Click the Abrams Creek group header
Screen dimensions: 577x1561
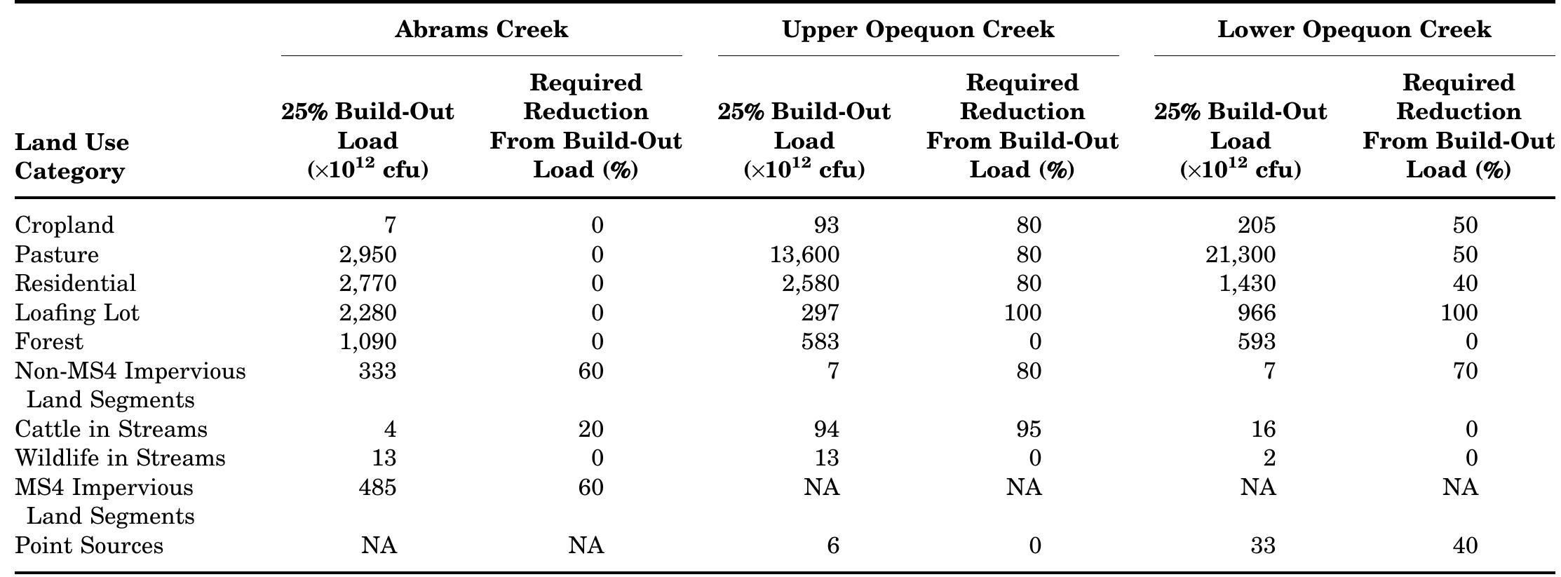click(x=481, y=29)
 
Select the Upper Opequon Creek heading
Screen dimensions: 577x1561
click(x=918, y=29)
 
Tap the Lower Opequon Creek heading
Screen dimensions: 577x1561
click(x=1354, y=29)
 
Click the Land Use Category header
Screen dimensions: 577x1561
click(x=72, y=156)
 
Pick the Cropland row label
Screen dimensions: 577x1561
click(x=65, y=225)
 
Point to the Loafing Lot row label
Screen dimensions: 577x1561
click(x=77, y=313)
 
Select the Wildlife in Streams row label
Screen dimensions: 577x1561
click(x=120, y=459)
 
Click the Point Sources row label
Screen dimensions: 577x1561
click(x=89, y=545)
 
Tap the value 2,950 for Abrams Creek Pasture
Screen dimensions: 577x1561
click(x=367, y=254)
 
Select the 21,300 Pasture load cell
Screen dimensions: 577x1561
click(x=1241, y=254)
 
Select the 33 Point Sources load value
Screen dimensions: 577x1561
click(x=1263, y=545)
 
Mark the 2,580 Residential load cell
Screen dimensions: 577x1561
click(x=811, y=284)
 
